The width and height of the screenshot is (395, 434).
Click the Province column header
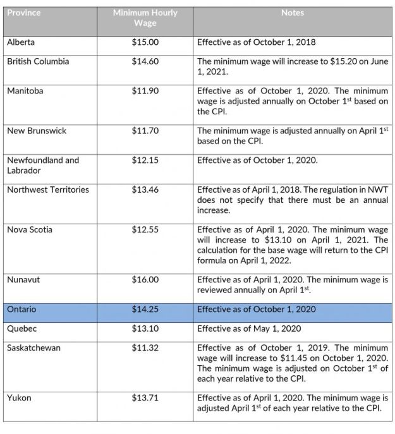pyautogui.click(x=23, y=13)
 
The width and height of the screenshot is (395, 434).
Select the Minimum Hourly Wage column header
pyautogui.click(x=145, y=18)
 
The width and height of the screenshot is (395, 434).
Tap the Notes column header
pyautogui.click(x=293, y=13)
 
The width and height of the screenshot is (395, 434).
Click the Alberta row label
pyautogui.click(x=21, y=42)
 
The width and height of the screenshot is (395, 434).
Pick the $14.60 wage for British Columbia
pyautogui.click(x=145, y=62)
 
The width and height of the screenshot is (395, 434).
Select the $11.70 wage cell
pyautogui.click(x=145, y=131)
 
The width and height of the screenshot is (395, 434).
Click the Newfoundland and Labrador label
pyautogui.click(x=43, y=166)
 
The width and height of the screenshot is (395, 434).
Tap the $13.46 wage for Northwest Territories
pyautogui.click(x=145, y=190)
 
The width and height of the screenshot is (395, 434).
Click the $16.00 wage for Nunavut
pyautogui.click(x=145, y=279)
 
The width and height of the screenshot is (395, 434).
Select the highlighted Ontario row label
pyautogui.click(x=23, y=310)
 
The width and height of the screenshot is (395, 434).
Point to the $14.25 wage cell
pyautogui.click(x=145, y=310)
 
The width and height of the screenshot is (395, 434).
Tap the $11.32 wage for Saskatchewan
pyautogui.click(x=145, y=348)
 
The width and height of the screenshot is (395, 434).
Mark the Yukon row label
pyautogui.click(x=20, y=397)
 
